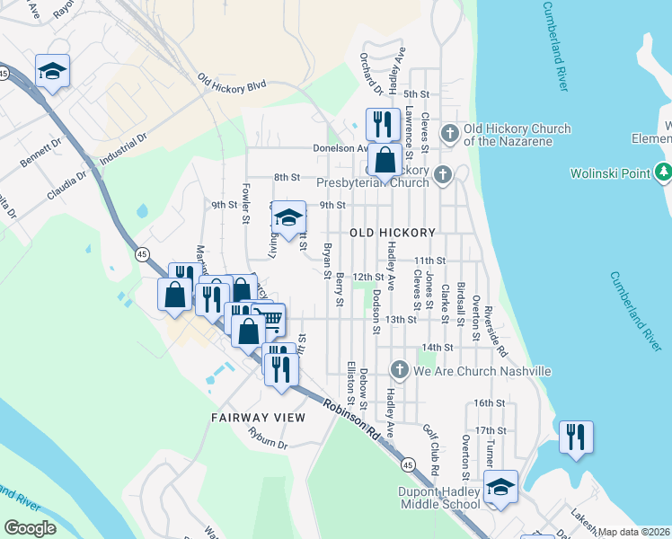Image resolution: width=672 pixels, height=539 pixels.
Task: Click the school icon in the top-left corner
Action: [52, 71]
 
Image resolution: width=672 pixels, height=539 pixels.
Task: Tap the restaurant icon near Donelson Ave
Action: [384, 123]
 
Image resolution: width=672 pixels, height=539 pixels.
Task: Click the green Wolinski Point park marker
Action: [663, 171]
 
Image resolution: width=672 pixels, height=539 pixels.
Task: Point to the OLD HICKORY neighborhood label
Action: [393, 232]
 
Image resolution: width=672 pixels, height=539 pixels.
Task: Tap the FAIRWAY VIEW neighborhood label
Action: [258, 418]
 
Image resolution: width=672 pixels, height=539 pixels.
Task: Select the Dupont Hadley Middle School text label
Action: [439, 498]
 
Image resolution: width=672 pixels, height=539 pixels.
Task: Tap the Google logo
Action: [31, 527]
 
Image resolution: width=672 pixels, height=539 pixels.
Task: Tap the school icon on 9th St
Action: [287, 217]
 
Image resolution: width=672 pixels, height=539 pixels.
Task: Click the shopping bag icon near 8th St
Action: [385, 161]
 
